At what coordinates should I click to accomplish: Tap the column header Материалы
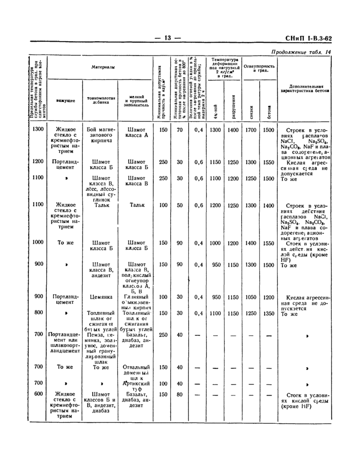click(x=103, y=67)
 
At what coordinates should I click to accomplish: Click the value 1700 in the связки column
click(x=250, y=130)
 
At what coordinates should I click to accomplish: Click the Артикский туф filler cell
click(x=136, y=387)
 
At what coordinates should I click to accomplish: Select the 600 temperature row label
click(x=38, y=394)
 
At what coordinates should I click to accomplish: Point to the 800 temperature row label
click(x=38, y=313)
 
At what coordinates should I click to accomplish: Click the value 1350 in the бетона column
click(x=268, y=313)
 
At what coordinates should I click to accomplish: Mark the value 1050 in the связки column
click(x=250, y=297)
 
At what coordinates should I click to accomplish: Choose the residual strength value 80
click(x=180, y=394)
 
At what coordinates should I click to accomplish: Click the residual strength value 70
click(x=180, y=130)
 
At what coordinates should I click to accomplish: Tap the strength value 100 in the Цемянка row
click(x=163, y=297)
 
